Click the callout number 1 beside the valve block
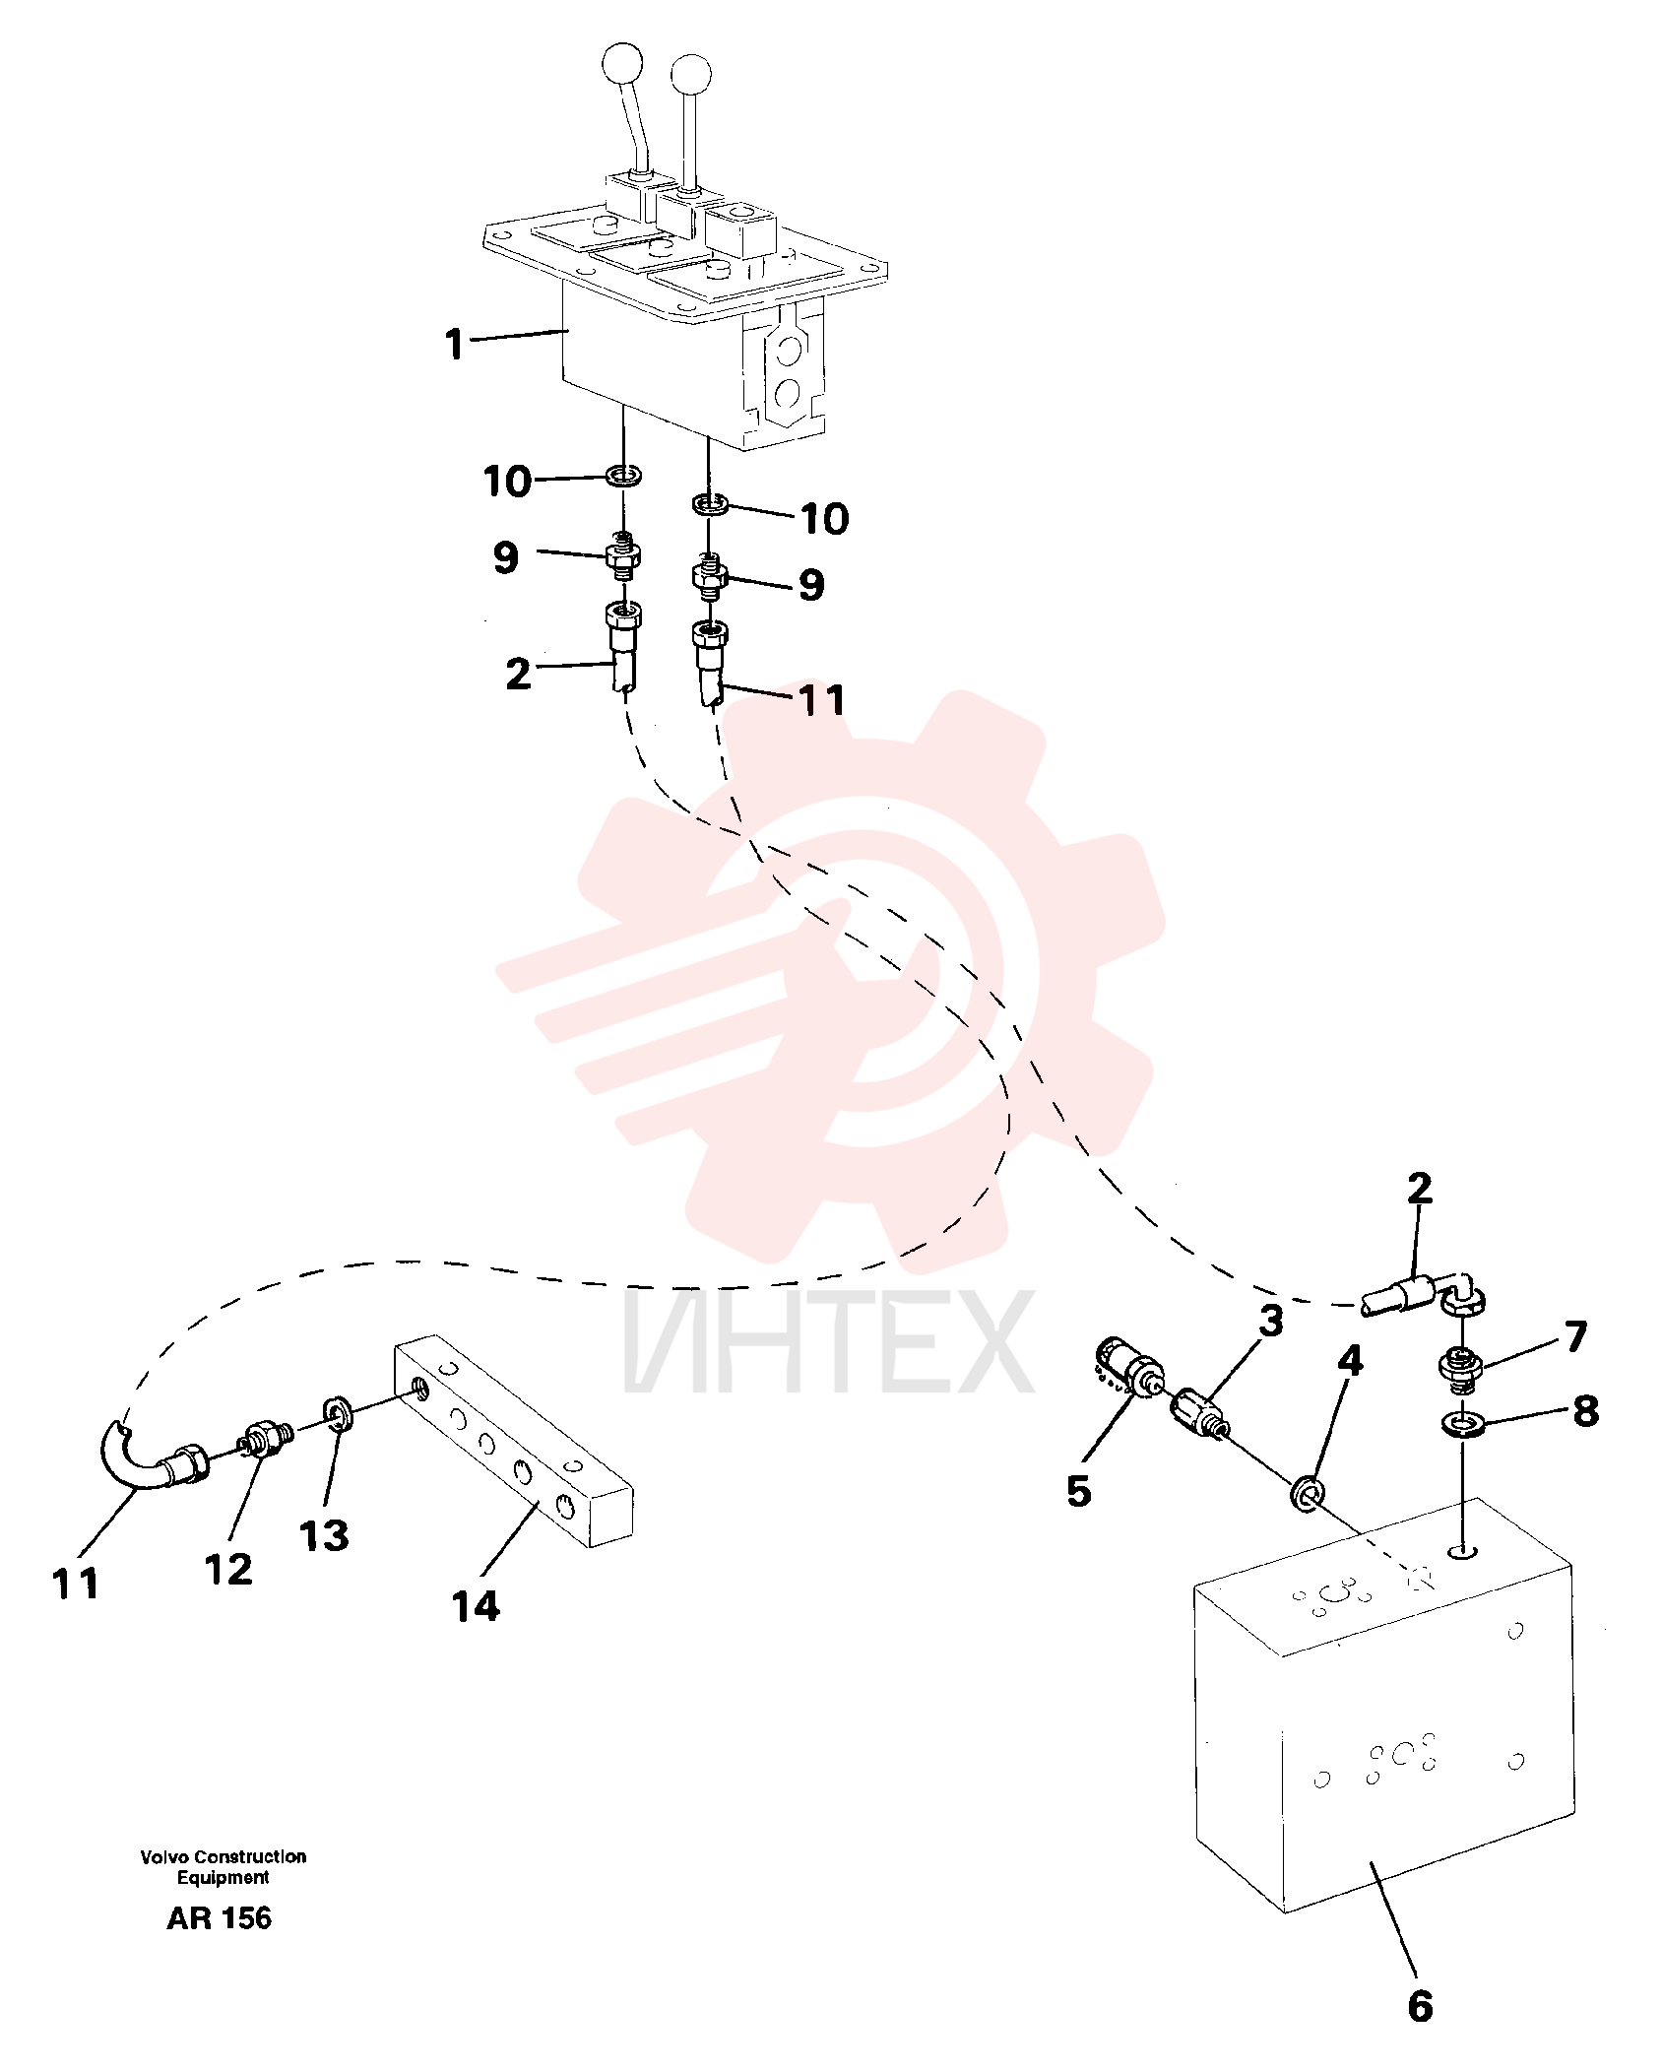[454, 344]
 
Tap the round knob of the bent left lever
[621, 65]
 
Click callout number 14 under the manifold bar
[477, 1605]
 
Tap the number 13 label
[324, 1535]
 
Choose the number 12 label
[228, 1569]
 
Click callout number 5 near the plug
[1079, 1492]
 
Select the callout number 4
[1350, 1360]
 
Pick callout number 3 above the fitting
[1271, 1321]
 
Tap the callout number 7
[1576, 1336]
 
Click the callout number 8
[1585, 1410]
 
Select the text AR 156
[219, 1918]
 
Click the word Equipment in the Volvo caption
[223, 1877]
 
